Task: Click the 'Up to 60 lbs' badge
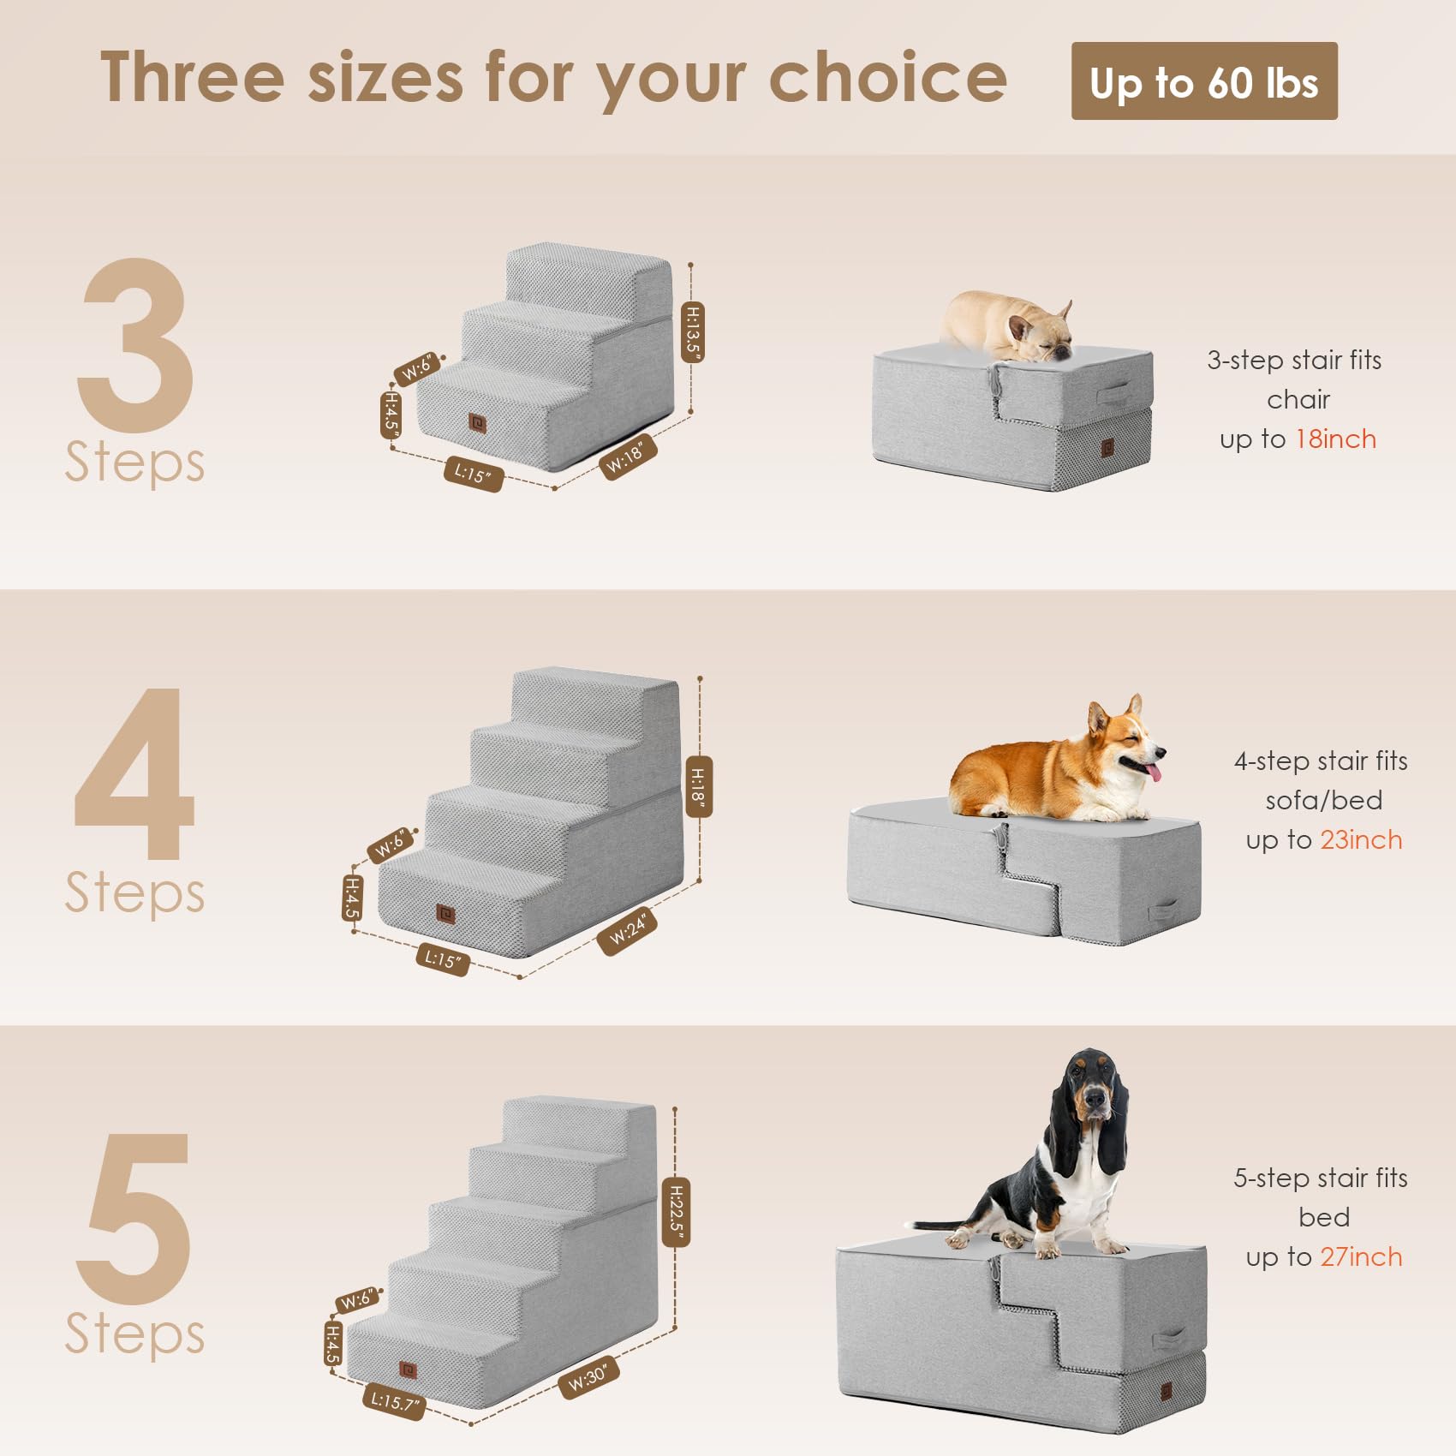coord(1203,81)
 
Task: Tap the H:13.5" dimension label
coord(692,331)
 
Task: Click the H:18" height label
coord(698,786)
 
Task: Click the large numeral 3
coord(135,347)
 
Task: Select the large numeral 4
coord(135,775)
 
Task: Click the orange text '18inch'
coord(1335,439)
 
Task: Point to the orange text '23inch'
coord(1361,840)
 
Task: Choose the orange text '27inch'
coord(1361,1257)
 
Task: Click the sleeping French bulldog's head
coord(1038,336)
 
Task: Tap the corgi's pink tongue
coord(1155,773)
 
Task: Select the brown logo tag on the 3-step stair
coord(477,422)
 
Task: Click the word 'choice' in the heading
coord(887,77)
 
